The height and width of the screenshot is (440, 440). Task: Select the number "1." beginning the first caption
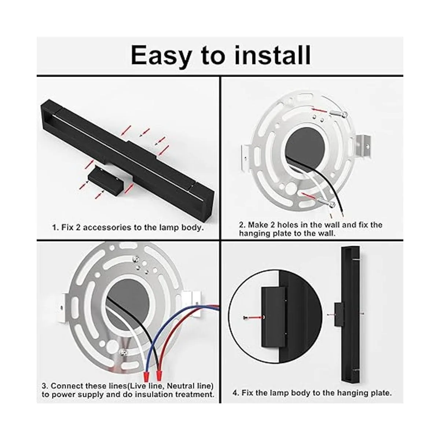[x=56, y=227]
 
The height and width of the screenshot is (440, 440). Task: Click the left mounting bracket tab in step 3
[x=61, y=308]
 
